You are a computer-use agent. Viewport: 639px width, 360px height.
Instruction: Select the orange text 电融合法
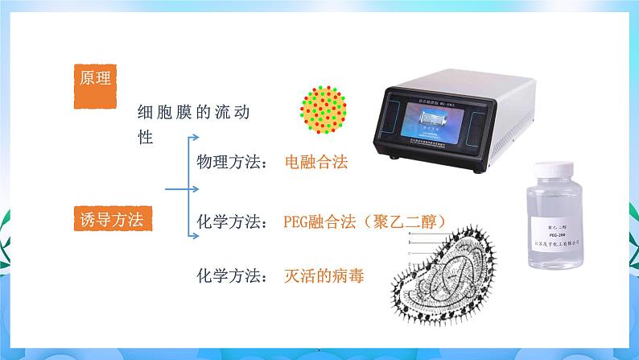click(x=316, y=163)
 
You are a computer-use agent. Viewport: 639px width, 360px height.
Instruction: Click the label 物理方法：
click(x=233, y=163)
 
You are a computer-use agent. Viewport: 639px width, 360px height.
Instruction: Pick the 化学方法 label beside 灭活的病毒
click(x=233, y=276)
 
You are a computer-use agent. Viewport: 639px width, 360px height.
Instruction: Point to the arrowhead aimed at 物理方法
click(x=195, y=138)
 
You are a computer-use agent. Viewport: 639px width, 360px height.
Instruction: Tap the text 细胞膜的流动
click(x=194, y=113)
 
